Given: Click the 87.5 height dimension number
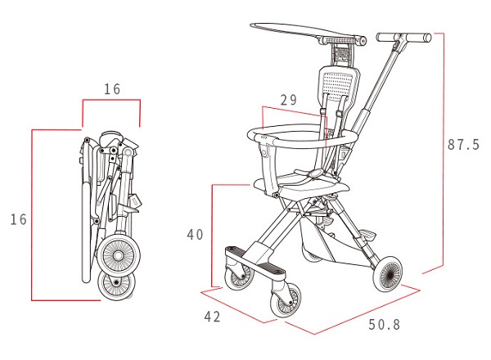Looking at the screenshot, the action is click(463, 145).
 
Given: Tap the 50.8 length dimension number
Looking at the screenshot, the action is click(385, 325).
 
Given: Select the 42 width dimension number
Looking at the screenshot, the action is click(212, 317).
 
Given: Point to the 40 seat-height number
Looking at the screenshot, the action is click(195, 235).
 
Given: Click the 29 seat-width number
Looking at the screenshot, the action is click(288, 100).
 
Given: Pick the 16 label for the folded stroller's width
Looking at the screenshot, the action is click(112, 89).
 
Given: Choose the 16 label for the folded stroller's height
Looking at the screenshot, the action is click(19, 219).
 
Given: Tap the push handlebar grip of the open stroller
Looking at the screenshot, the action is click(404, 38).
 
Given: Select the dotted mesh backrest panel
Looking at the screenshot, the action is click(337, 83).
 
